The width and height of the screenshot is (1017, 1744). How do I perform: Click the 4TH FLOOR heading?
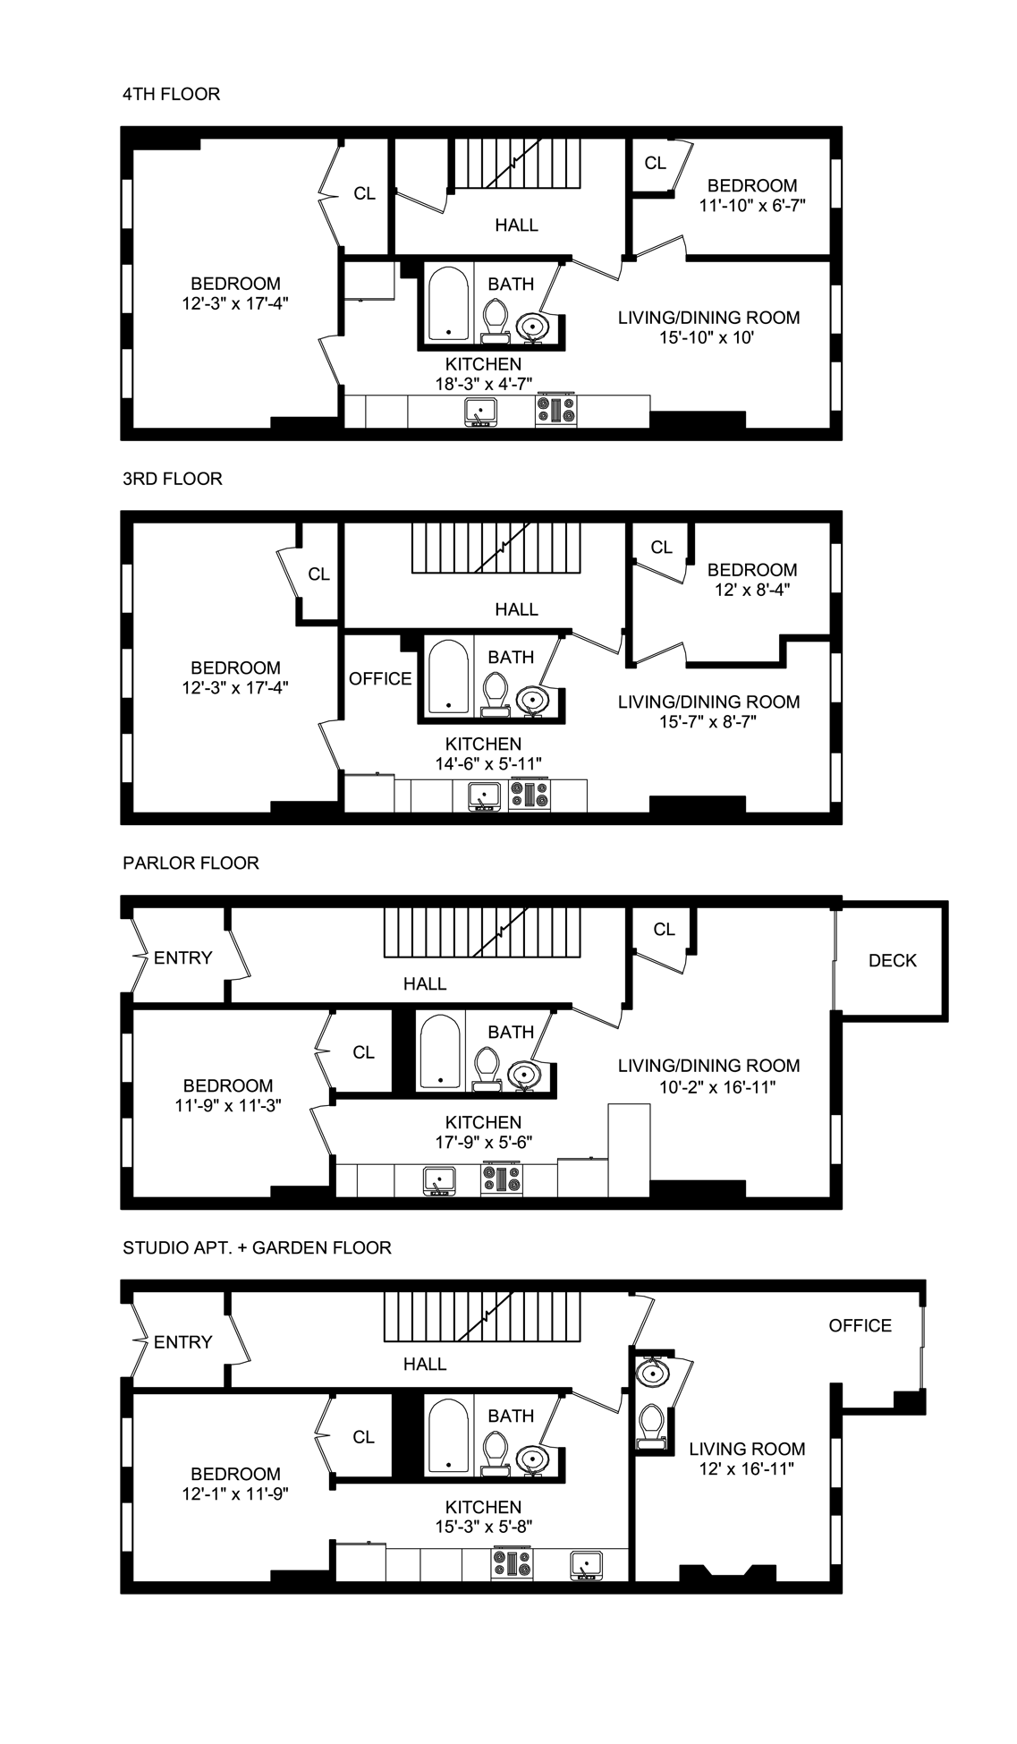coord(171,94)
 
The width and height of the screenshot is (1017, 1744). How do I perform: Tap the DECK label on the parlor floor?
coord(892,960)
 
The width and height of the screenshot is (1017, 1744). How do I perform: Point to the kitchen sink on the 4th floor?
coord(480,413)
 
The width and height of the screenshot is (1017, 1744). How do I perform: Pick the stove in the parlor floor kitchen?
coord(501,1179)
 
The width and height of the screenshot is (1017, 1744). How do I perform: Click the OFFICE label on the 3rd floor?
coord(380,679)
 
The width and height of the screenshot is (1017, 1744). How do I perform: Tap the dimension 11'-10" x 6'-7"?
coord(752,205)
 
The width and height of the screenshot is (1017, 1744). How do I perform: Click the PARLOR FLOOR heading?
coord(191,863)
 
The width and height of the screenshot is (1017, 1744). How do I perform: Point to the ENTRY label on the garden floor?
coord(182,1342)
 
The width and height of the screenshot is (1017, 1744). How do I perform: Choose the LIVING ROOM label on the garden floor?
coord(747,1449)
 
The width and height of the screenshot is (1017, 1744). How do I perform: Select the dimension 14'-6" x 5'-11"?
coord(483,763)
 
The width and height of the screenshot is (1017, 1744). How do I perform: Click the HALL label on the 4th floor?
coord(516,225)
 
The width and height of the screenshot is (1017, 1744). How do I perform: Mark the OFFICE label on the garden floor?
coord(860,1325)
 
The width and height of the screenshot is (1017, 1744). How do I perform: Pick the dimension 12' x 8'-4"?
coord(752,590)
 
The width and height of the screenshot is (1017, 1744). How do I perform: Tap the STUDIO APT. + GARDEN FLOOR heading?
coord(257,1247)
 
